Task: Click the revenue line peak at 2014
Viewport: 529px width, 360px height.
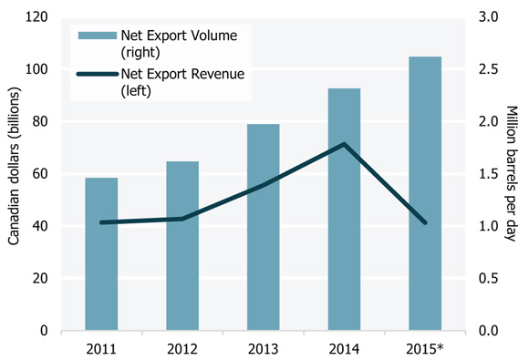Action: point(344,144)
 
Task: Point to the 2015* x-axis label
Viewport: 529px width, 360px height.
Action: point(425,347)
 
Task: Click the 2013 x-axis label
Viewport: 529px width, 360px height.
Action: point(264,347)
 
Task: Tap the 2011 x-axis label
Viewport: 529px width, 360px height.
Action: point(101,347)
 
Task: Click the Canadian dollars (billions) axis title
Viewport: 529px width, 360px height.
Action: point(15,174)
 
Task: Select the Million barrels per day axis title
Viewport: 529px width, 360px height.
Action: point(513,174)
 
